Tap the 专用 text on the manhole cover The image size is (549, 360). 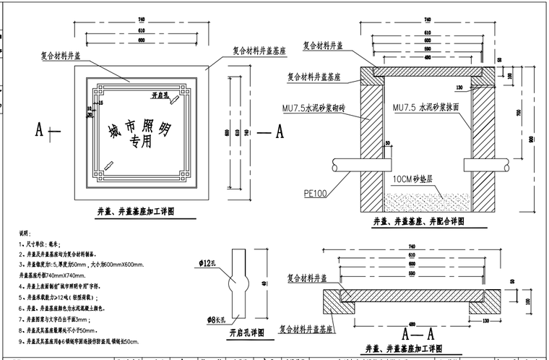pos(140,142)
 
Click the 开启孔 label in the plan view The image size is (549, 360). pos(160,95)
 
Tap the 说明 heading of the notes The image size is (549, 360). pos(25,234)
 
